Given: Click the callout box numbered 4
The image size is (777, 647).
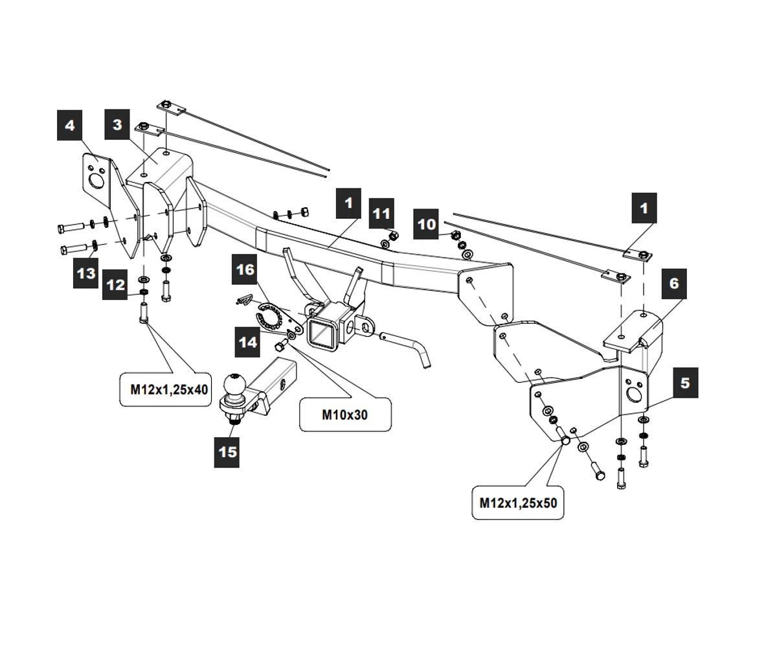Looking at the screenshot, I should (70, 125).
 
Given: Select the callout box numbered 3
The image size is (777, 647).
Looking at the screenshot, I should (117, 124).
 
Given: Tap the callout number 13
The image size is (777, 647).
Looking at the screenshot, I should (86, 273).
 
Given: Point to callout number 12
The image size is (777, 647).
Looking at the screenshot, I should (116, 284).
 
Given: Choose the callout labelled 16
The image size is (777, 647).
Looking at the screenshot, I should (245, 269).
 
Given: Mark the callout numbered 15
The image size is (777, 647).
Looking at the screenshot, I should (228, 451).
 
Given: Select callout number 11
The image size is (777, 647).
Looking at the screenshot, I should (382, 214).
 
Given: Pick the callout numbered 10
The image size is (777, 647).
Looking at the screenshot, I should (427, 224).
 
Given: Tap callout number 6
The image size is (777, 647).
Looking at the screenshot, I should (674, 283).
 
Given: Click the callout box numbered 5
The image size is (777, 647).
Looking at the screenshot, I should (685, 383).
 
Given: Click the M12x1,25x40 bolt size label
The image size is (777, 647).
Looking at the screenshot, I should (166, 389).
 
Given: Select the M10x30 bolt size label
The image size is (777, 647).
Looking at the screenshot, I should (345, 414).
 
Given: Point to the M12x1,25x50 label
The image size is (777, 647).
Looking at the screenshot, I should (518, 502).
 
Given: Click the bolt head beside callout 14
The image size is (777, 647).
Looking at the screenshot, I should (280, 347).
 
